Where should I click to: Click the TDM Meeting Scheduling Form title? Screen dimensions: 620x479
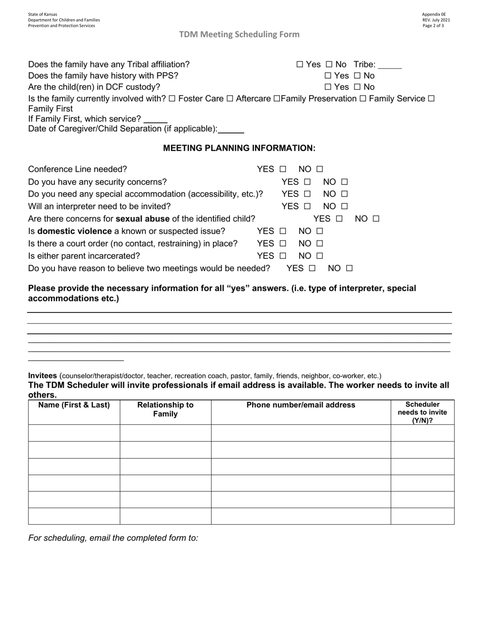[239, 34]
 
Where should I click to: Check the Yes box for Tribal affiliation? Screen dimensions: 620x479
[300, 65]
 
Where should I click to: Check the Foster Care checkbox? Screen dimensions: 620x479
[172, 99]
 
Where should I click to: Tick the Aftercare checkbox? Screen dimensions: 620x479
[230, 99]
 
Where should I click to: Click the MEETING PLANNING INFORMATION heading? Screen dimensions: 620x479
[239, 148]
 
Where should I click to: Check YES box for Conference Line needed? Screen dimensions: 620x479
[282, 169]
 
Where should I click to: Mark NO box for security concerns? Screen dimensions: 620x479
[344, 182]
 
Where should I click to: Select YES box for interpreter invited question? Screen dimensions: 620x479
[307, 206]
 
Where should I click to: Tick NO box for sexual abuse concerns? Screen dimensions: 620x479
[376, 219]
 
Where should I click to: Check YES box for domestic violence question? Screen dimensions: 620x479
[282, 231]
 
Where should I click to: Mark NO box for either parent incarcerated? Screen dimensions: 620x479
[320, 256]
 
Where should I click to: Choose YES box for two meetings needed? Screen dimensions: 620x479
[312, 269]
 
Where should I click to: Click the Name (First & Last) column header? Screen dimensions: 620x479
[74, 405]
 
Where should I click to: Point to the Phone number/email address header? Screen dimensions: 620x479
[301, 405]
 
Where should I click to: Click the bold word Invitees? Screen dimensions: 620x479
[42, 376]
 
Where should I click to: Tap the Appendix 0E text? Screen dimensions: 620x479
[434, 15]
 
